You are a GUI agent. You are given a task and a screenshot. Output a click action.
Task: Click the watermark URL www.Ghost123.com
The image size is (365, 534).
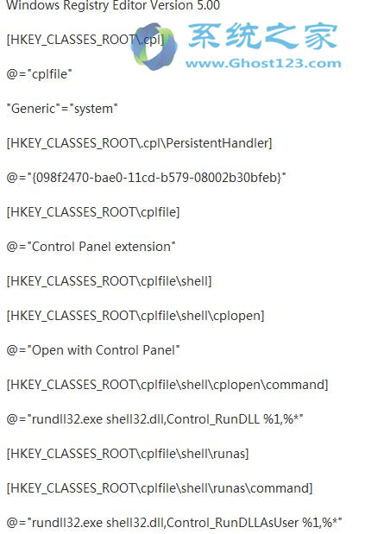coord(263,63)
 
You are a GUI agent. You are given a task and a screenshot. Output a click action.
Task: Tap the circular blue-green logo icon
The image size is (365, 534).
coord(154,46)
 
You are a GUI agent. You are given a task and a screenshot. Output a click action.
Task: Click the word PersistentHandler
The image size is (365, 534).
coord(219,143)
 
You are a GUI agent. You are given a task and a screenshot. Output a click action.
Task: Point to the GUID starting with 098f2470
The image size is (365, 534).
coord(157,178)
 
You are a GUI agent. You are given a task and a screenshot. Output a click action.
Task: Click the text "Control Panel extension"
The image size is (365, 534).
coord(101,246)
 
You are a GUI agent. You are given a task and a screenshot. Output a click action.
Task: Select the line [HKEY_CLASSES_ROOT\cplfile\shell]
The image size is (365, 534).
coord(109,281)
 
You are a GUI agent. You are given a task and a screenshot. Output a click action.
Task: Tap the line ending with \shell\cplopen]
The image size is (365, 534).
coord(135,316)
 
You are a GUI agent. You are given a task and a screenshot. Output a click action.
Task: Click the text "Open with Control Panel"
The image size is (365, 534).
coord(104,350)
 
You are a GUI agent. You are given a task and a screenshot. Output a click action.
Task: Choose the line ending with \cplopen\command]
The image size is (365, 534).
coord(167,385)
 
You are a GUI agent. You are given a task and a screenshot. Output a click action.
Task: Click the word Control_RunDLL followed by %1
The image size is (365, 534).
coord(213,419)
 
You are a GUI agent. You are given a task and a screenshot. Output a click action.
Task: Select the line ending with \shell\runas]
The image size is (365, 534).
coord(128,454)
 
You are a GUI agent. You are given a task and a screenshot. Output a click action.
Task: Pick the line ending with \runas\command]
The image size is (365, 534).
coord(160,488)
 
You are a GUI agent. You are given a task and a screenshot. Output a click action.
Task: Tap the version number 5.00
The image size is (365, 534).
coord(209,5)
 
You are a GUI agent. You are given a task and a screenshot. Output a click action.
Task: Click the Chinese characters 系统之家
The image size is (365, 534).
coord(262,37)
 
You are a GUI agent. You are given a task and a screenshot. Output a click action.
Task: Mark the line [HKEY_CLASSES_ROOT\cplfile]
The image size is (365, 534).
coord(93,212)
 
